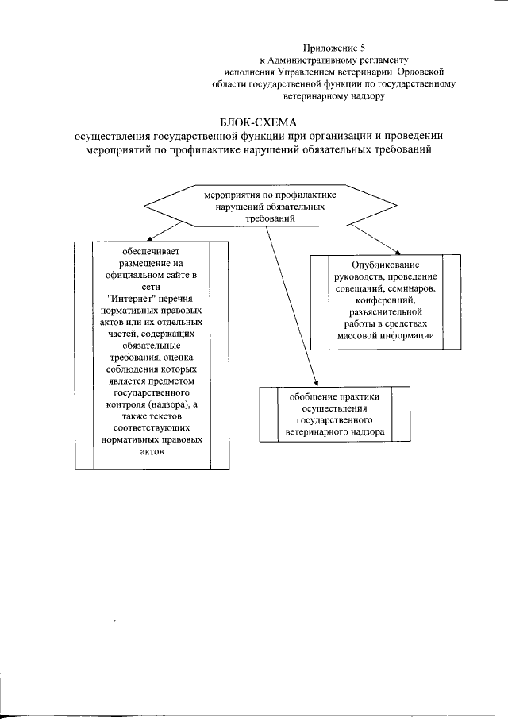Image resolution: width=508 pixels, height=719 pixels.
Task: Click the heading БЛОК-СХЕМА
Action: (256, 122)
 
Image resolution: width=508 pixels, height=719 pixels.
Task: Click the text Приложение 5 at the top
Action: (333, 48)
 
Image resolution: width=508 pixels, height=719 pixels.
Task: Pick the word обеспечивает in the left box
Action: (151, 252)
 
